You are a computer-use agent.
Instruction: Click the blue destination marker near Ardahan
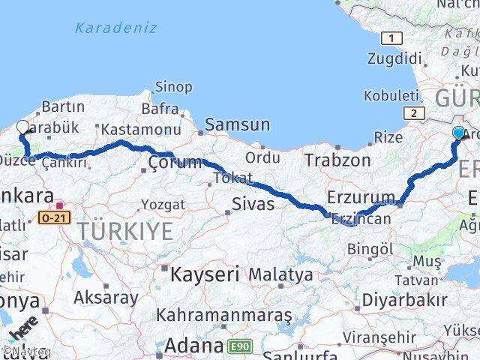(x=458, y=133)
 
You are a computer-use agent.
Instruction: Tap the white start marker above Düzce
(x=22, y=128)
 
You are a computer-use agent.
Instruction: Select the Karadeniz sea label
(x=115, y=28)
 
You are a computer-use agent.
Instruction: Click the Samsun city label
(x=238, y=124)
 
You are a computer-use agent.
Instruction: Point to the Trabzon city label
(x=337, y=159)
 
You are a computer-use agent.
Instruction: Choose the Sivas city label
(x=253, y=202)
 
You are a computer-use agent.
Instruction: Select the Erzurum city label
(x=361, y=197)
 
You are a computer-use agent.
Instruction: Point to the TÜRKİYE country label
(x=126, y=232)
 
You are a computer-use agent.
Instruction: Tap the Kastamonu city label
(x=140, y=128)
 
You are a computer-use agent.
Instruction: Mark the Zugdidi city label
(x=394, y=58)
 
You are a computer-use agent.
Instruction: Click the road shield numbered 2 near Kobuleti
(x=412, y=112)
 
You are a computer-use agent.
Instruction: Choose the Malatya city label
(x=280, y=274)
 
